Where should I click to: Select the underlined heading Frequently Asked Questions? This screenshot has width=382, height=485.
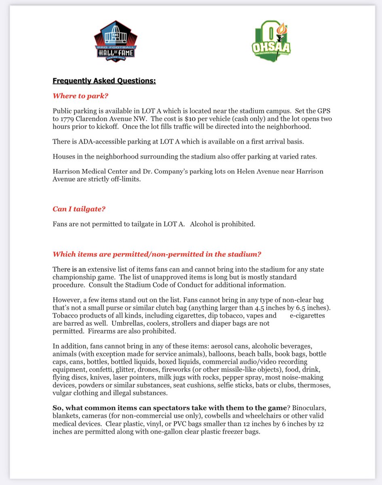pyautogui.click(x=104, y=81)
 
